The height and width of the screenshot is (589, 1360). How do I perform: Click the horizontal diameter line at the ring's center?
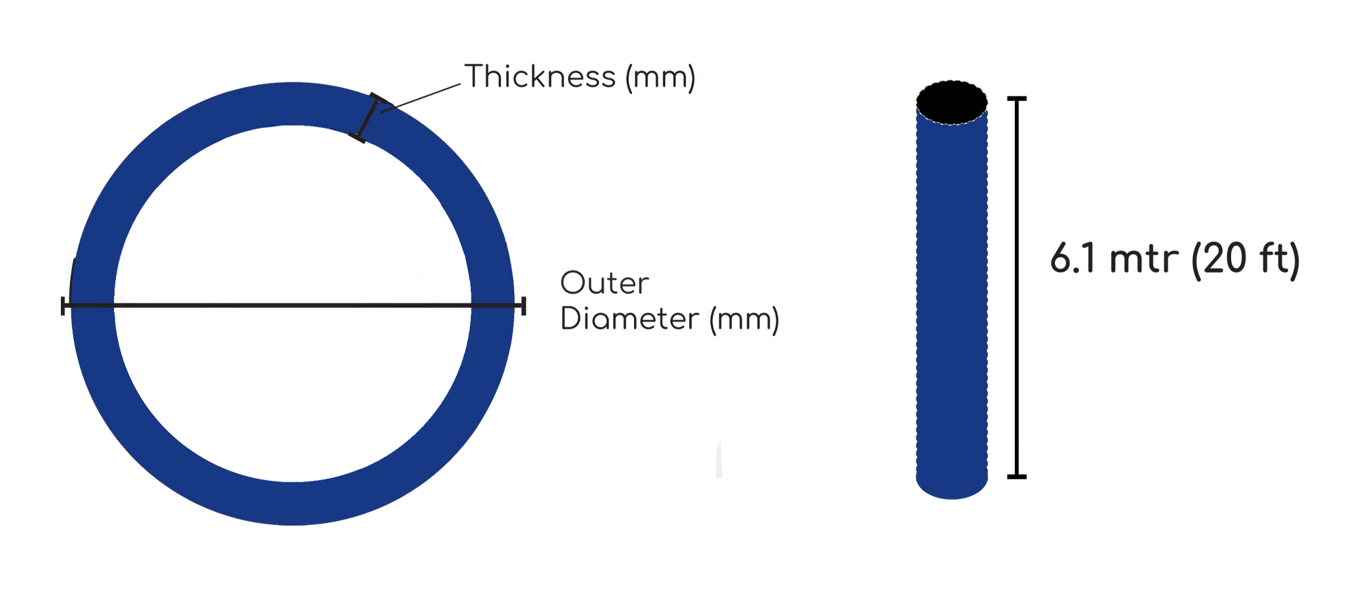pyautogui.click(x=291, y=304)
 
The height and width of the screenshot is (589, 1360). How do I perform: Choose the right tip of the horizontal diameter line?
pyautogui.click(x=515, y=304)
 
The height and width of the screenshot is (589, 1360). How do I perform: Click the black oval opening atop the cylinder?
pyautogui.click(x=952, y=102)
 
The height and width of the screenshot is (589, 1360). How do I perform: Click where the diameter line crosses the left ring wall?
pyautogui.click(x=93, y=304)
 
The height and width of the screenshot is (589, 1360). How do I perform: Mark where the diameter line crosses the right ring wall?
pyautogui.click(x=491, y=304)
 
